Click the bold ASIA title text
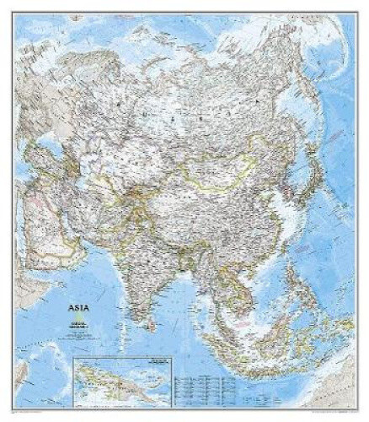72,310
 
